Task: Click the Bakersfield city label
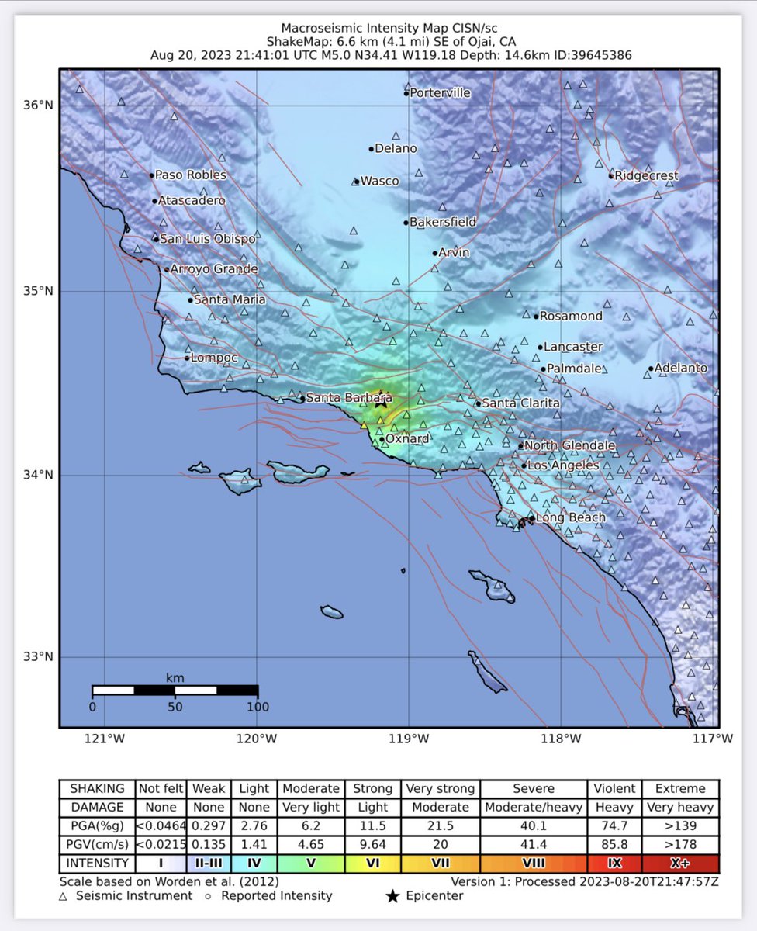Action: click(442, 222)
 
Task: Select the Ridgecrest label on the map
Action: click(646, 175)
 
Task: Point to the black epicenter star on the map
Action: click(381, 401)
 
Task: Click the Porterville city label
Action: click(440, 92)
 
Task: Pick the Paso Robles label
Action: click(191, 175)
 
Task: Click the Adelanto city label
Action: click(681, 368)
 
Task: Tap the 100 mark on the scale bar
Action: click(258, 707)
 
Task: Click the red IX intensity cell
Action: click(615, 864)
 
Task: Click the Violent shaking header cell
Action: click(615, 788)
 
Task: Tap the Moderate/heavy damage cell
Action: click(533, 807)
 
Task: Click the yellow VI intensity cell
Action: click(372, 864)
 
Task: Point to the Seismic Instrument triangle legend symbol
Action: click(63, 896)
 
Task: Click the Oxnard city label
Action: click(407, 439)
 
